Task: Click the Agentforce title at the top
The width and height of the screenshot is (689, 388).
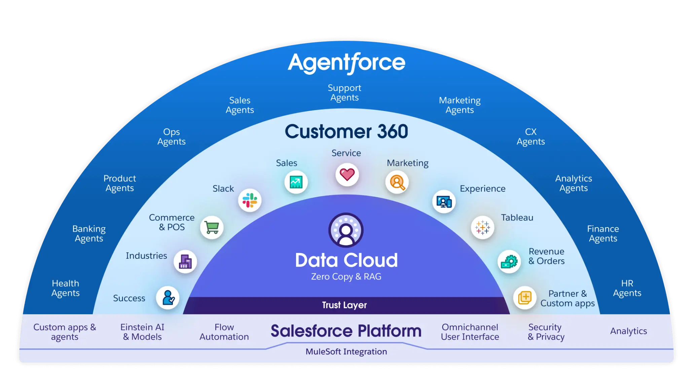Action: pyautogui.click(x=347, y=63)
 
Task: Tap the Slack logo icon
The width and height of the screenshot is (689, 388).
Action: pyautogui.click(x=250, y=200)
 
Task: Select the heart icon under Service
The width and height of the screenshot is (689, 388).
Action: pyautogui.click(x=347, y=174)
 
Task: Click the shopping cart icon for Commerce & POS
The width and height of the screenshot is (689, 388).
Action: pyautogui.click(x=212, y=227)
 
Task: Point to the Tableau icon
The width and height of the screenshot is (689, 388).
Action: pyautogui.click(x=482, y=227)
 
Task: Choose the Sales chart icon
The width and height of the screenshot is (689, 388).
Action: pyautogui.click(x=296, y=182)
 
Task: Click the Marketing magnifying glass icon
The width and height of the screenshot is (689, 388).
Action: pyautogui.click(x=397, y=182)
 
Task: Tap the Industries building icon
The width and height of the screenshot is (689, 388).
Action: pyautogui.click(x=185, y=261)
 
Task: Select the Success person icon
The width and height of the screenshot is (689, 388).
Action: pyautogui.click(x=168, y=298)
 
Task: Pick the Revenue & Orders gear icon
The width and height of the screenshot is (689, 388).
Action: pyautogui.click(x=509, y=261)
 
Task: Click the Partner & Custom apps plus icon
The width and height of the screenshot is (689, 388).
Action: pyautogui.click(x=524, y=297)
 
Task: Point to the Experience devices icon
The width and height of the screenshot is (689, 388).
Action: pyautogui.click(x=444, y=202)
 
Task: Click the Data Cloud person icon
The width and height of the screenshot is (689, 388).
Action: pyautogui.click(x=346, y=230)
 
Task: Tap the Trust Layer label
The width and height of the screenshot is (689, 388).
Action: pyautogui.click(x=344, y=305)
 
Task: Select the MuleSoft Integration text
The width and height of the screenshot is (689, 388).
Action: pyautogui.click(x=346, y=352)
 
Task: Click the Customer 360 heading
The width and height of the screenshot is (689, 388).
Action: pyautogui.click(x=346, y=131)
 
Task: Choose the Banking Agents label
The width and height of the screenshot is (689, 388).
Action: pyautogui.click(x=89, y=234)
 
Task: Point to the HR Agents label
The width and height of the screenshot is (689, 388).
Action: pyautogui.click(x=627, y=288)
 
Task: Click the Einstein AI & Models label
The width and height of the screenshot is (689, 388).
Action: pyautogui.click(x=142, y=332)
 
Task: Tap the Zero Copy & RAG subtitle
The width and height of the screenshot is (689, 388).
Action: pyautogui.click(x=346, y=277)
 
